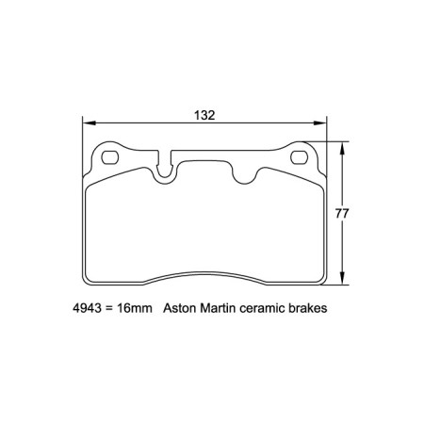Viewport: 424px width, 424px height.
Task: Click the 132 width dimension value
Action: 205,115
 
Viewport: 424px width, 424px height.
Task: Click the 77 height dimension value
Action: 343,214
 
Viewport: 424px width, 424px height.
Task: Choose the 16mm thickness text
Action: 133,308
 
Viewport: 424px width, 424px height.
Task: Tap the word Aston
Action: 181,308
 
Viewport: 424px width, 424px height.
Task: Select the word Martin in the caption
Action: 222,308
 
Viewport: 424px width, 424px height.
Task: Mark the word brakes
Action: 315,308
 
